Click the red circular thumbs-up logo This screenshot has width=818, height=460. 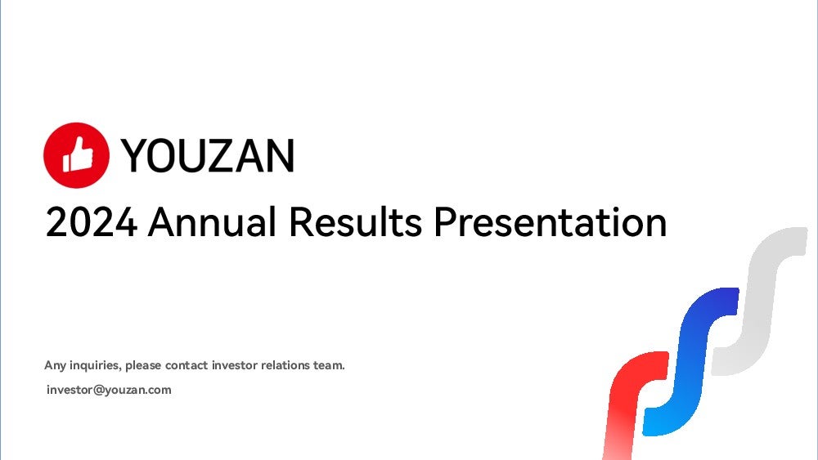coord(76,155)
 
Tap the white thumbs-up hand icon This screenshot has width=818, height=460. coord(78,154)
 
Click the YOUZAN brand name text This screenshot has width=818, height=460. coord(208,155)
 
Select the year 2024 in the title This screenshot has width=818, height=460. coord(92,222)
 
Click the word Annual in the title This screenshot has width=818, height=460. coord(212,222)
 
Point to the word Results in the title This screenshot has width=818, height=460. coord(355,222)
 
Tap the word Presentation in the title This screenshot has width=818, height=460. coord(551,222)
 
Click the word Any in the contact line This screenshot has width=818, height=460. coord(56,366)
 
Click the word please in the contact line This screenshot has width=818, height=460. coord(143,366)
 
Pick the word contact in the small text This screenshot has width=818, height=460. coord(187,365)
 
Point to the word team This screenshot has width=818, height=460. coord(329,365)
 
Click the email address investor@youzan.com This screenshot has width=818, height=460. coord(109,391)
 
